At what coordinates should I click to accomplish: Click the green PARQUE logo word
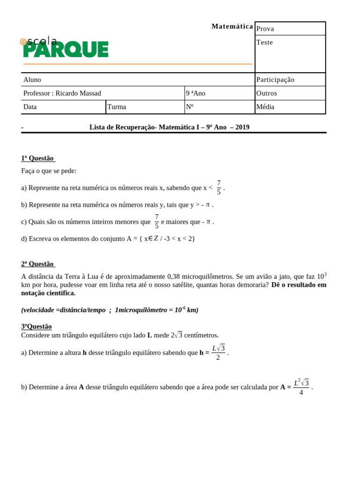click(66, 49)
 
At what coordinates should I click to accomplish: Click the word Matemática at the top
click(232, 27)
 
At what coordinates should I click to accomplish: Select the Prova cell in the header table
click(265, 29)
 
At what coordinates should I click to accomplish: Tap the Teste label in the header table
click(264, 43)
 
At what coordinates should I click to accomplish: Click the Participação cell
click(275, 80)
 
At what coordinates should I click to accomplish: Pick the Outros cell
click(267, 93)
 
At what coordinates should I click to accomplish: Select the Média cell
click(265, 107)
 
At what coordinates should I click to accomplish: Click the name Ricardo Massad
click(78, 93)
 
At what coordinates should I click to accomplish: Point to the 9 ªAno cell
click(195, 93)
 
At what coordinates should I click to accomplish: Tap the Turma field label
click(117, 107)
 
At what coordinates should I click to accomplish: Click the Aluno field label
click(32, 80)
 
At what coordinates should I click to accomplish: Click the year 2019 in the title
click(242, 127)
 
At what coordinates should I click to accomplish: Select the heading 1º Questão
click(37, 158)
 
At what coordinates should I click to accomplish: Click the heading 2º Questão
click(37, 264)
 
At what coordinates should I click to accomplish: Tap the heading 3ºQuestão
click(37, 326)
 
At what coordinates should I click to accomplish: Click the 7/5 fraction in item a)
click(218, 187)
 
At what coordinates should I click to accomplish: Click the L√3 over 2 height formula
click(218, 352)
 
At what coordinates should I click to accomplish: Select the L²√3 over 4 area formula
click(301, 387)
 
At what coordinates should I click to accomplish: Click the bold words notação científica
click(48, 293)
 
